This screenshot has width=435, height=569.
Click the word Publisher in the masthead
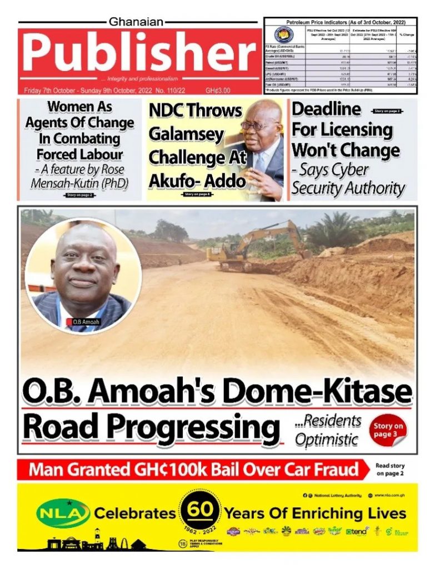pos(138,54)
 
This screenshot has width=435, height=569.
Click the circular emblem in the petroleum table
pos(282,34)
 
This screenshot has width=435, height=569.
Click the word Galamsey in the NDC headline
pos(178,134)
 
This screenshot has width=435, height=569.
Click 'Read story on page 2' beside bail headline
pos(390,470)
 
